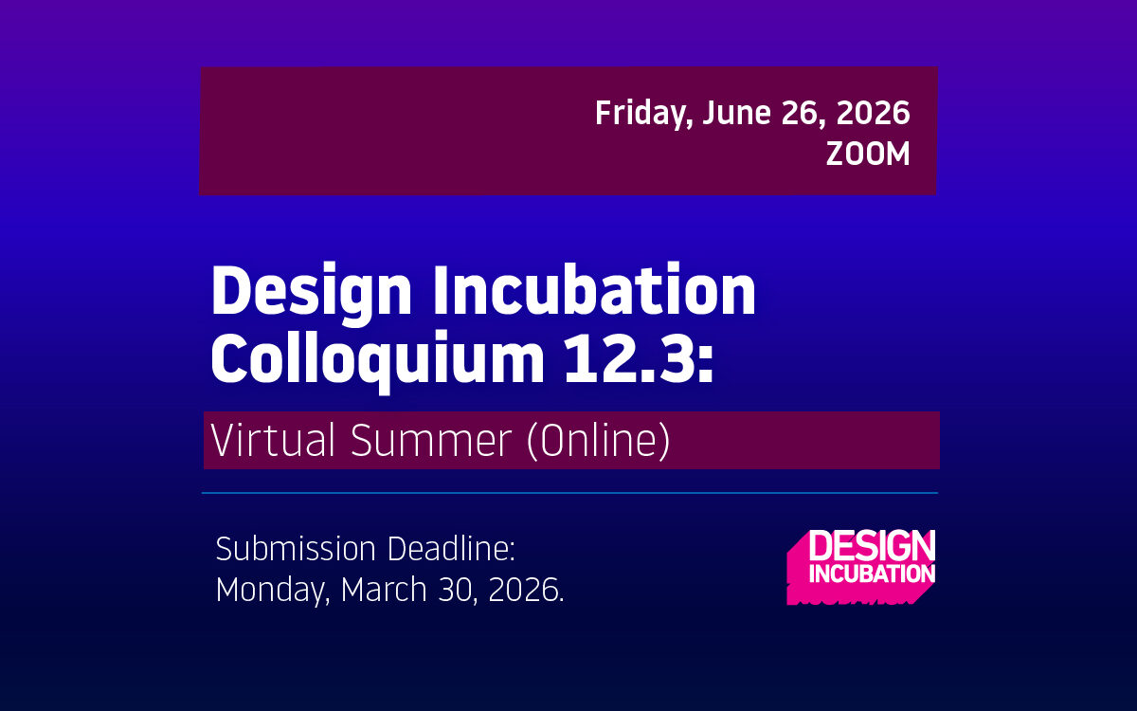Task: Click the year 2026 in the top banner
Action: click(x=878, y=114)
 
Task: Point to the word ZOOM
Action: click(x=867, y=155)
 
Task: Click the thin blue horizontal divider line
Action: click(x=568, y=493)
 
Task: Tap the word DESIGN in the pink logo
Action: click(x=871, y=547)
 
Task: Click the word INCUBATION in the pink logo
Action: click(x=871, y=573)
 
